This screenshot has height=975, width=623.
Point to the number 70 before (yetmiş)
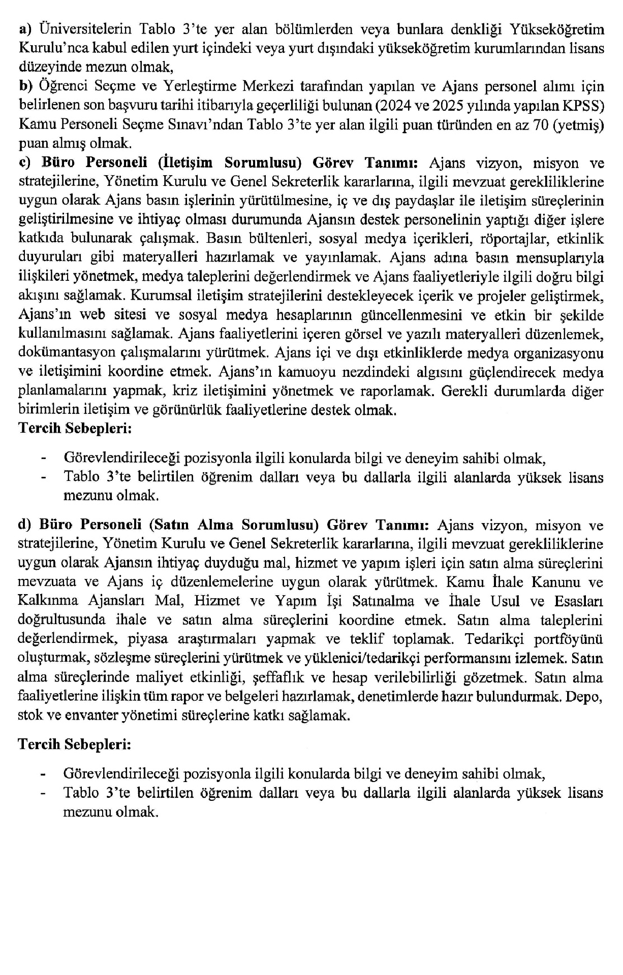pos(540,124)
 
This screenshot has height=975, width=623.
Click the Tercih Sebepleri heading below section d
pos(75,744)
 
